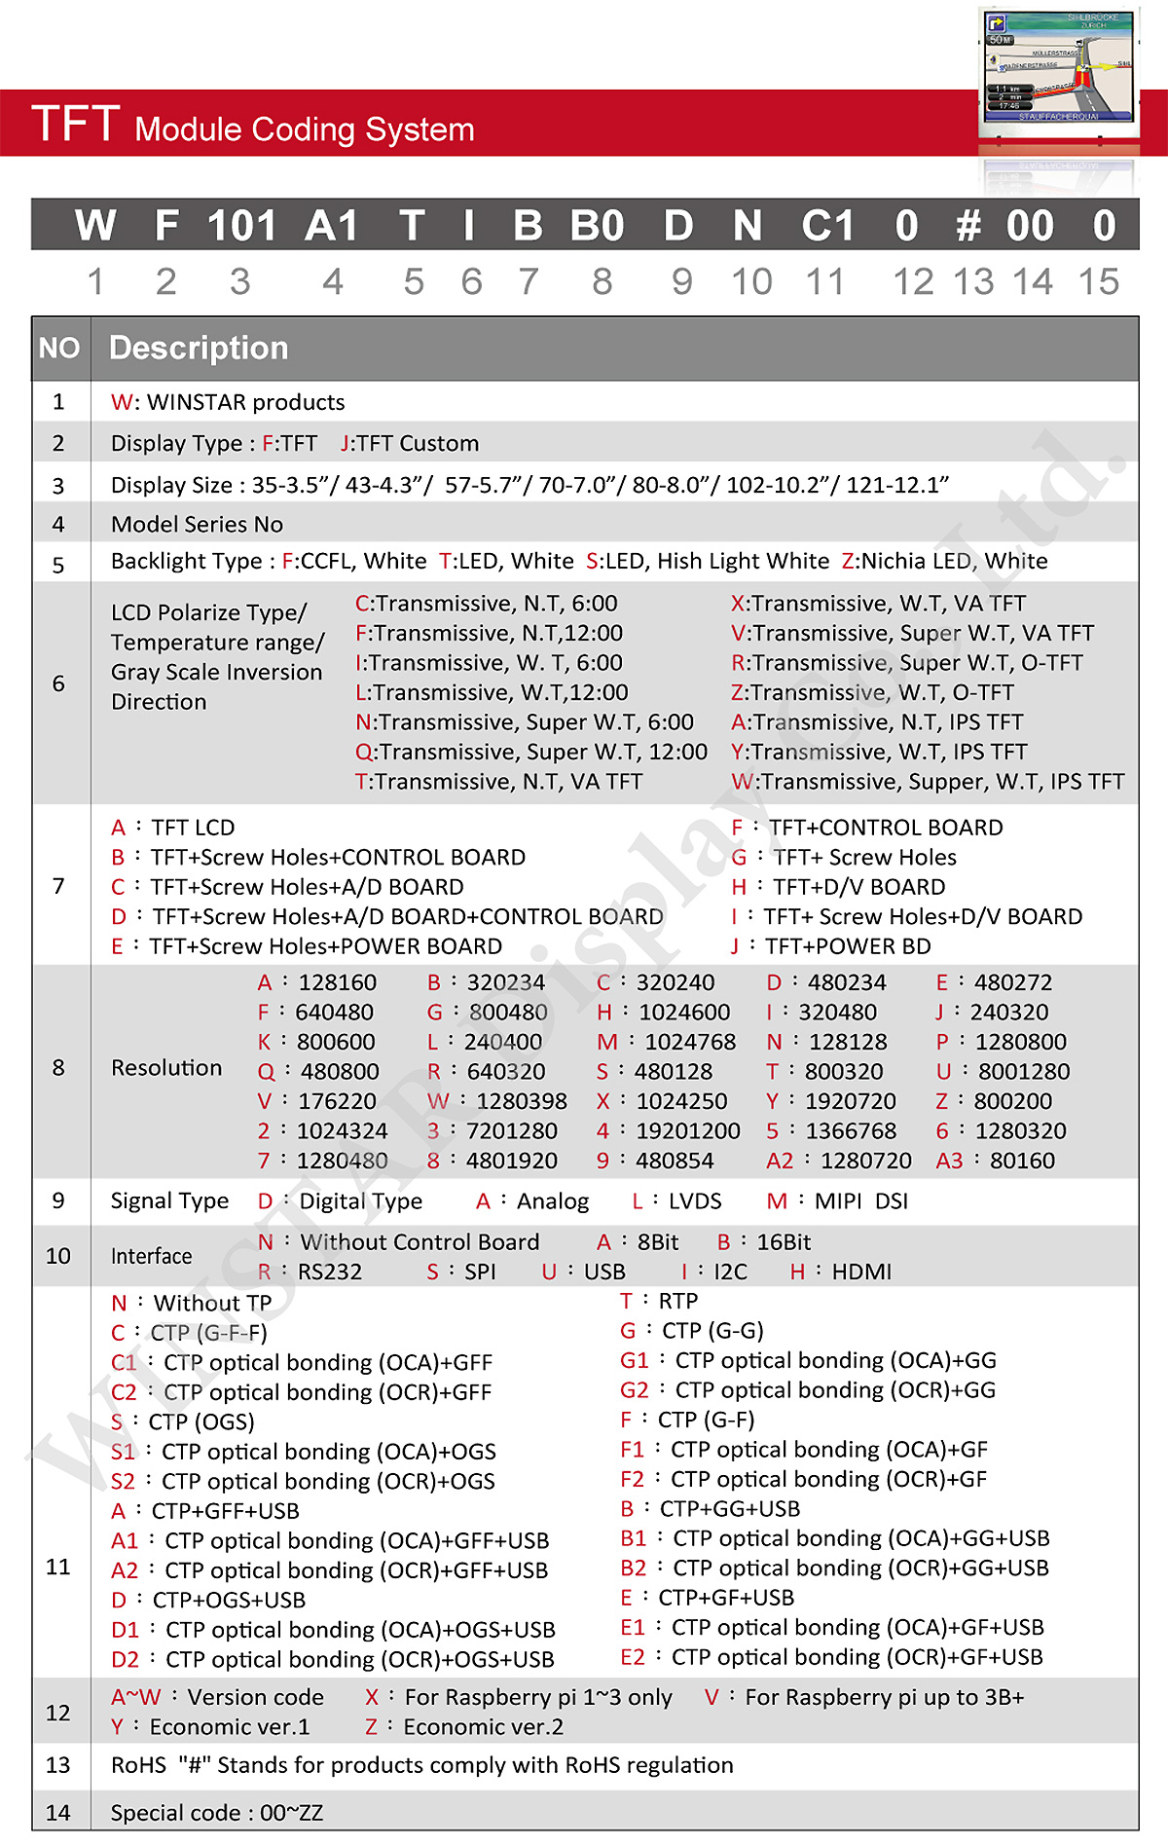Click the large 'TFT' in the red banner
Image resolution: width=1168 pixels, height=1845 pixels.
pyautogui.click(x=76, y=125)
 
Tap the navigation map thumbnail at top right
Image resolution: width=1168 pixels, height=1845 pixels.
pyautogui.click(x=1058, y=71)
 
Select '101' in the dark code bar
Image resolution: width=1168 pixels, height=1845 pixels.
pyautogui.click(x=241, y=226)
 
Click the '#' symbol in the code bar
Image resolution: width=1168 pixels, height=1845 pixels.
pyautogui.click(x=967, y=226)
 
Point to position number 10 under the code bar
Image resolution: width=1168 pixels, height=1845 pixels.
pyautogui.click(x=751, y=282)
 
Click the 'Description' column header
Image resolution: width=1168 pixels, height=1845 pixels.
pyautogui.click(x=199, y=349)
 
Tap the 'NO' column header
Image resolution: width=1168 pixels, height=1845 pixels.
pyautogui.click(x=59, y=349)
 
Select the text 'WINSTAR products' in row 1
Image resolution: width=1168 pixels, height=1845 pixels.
pyautogui.click(x=245, y=402)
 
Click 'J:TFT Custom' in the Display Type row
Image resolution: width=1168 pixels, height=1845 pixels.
pyautogui.click(x=410, y=444)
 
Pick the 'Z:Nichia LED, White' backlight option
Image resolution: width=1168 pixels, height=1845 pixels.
pyautogui.click(x=944, y=561)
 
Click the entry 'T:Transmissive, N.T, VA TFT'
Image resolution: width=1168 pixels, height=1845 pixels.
pyautogui.click(x=498, y=782)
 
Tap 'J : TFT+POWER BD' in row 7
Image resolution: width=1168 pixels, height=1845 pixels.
pyautogui.click(x=831, y=946)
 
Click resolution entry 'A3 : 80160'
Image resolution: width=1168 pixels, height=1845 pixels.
pyautogui.click(x=995, y=1161)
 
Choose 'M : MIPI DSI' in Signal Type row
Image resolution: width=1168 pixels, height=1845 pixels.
pyautogui.click(x=837, y=1201)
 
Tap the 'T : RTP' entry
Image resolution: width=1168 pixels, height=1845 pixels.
pyautogui.click(x=659, y=1302)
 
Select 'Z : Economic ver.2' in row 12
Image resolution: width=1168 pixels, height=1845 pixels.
pyautogui.click(x=464, y=1727)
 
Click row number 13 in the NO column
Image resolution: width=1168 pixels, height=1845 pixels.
pyautogui.click(x=58, y=1765)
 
